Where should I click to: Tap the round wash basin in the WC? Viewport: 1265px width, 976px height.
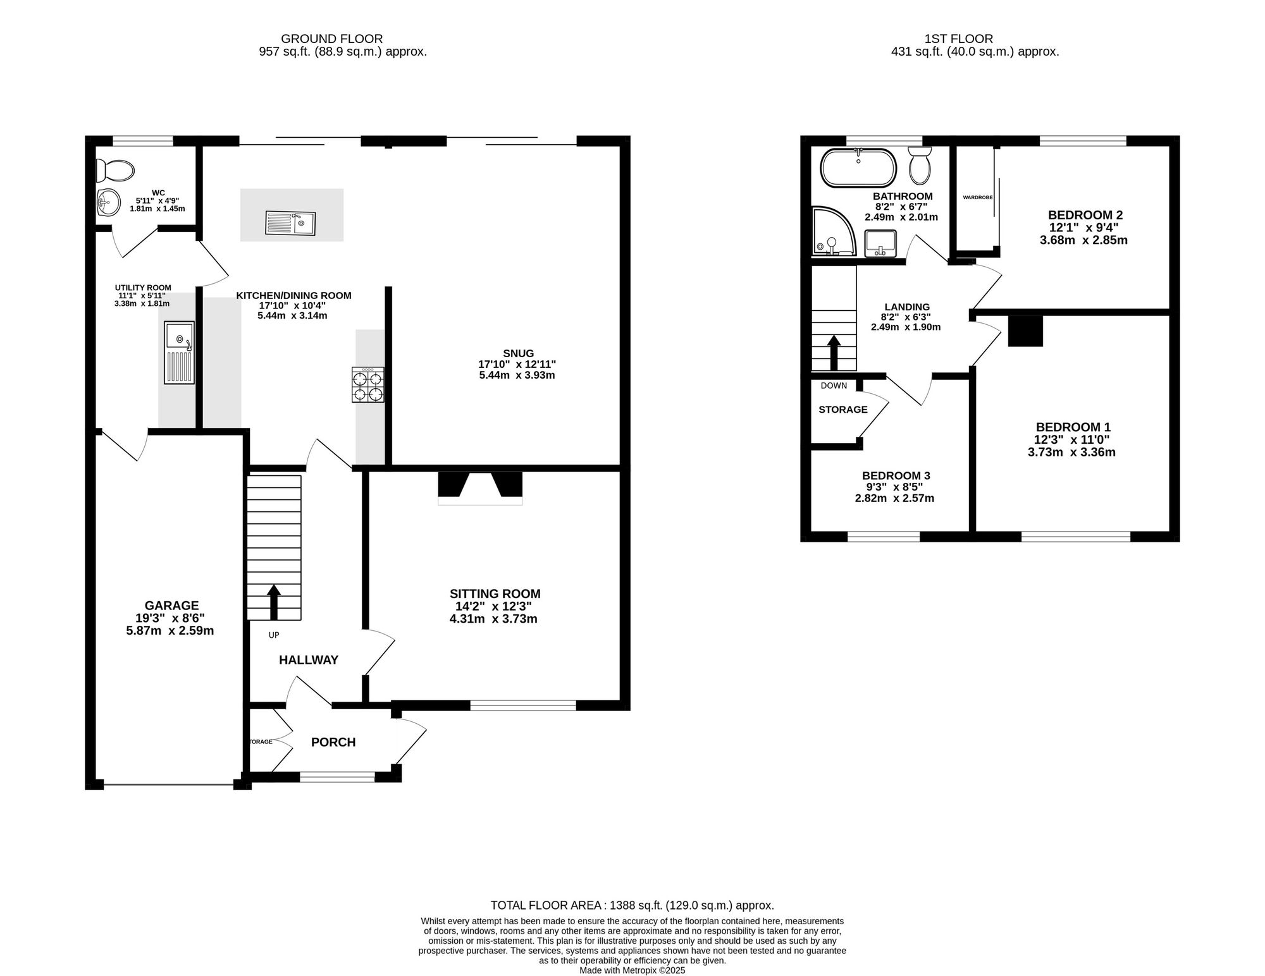(x=108, y=204)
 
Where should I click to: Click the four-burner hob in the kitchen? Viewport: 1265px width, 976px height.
(x=368, y=385)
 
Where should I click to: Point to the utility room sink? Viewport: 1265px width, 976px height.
(x=179, y=353)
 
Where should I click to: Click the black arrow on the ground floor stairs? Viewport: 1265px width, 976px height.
(x=274, y=602)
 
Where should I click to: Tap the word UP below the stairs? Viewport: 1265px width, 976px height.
(x=274, y=635)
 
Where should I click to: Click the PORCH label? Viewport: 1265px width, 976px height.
(x=333, y=742)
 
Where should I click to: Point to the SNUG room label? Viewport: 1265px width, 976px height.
(x=519, y=353)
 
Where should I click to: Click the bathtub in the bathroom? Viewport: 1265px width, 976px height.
(x=858, y=168)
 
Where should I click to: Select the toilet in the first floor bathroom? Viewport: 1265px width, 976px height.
(x=919, y=164)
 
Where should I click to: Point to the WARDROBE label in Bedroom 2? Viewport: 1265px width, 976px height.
(x=978, y=197)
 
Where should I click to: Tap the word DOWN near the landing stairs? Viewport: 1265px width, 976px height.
(x=834, y=386)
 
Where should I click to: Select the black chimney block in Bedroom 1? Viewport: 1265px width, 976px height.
(x=1025, y=331)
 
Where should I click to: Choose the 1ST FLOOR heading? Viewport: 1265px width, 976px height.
(x=975, y=39)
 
